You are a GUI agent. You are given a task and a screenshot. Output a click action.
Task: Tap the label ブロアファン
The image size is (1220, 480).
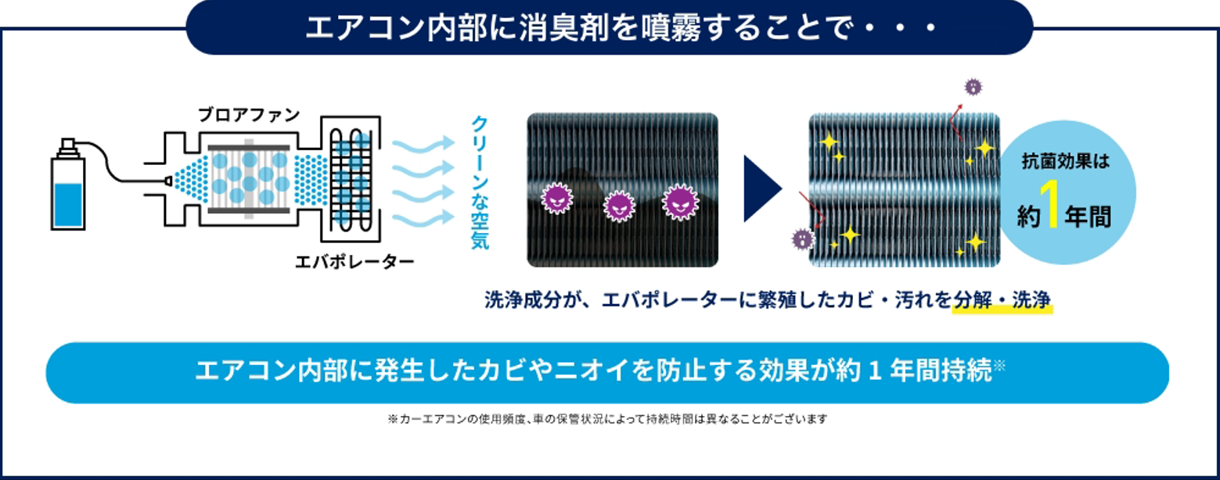pos(249,115)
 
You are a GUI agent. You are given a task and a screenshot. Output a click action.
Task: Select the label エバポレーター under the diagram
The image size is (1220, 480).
pos(354,262)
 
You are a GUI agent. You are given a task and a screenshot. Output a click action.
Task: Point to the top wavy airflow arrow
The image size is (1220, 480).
pos(423,145)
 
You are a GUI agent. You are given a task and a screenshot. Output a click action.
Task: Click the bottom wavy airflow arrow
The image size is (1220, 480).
pos(423,220)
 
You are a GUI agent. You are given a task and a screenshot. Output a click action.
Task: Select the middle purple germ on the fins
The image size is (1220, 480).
pos(619,206)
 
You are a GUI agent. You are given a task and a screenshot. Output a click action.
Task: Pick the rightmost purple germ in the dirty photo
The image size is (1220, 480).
pos(679,201)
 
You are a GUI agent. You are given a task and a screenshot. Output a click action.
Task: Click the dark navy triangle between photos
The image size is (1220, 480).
pos(761,189)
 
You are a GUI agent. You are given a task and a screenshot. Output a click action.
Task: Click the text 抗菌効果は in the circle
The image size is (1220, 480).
pos(1066,163)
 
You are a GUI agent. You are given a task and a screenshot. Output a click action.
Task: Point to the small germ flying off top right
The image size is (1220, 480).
pos(973,87)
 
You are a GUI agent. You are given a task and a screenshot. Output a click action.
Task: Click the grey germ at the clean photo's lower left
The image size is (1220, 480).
pos(801,238)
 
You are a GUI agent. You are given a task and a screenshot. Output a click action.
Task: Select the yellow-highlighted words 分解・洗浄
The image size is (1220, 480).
pos(1002,299)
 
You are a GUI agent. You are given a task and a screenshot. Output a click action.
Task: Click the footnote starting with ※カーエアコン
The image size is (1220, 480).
pos(607,419)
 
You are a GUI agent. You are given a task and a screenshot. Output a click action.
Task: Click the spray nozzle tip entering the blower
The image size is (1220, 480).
pos(167,181)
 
